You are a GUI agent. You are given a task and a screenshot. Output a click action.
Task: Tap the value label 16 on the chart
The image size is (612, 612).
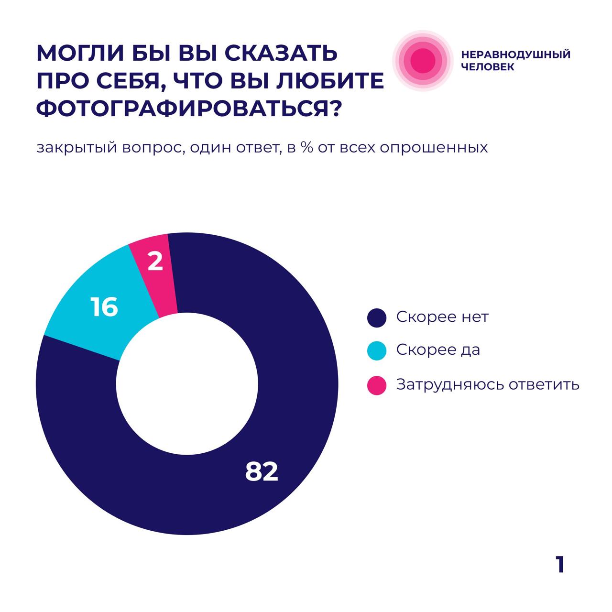click(104, 307)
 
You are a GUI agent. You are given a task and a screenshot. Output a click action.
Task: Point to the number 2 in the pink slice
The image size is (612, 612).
click(155, 262)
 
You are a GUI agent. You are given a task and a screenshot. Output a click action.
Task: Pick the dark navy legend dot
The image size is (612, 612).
click(377, 318)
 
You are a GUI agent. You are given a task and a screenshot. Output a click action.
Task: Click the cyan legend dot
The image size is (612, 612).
click(377, 351)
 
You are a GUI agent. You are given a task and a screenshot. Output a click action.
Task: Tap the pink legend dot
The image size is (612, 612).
click(377, 385)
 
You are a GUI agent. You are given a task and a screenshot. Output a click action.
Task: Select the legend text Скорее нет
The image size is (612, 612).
click(442, 317)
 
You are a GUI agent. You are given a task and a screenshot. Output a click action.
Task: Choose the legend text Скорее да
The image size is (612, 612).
click(438, 350)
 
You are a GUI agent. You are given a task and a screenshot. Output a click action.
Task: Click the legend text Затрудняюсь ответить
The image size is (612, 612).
click(488, 384)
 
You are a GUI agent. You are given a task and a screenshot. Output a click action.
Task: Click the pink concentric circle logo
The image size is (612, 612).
click(423, 60)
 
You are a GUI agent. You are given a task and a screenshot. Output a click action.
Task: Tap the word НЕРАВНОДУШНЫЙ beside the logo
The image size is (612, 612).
click(516, 54)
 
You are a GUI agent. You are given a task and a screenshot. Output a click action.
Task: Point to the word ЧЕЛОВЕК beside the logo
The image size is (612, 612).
click(488, 67)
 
